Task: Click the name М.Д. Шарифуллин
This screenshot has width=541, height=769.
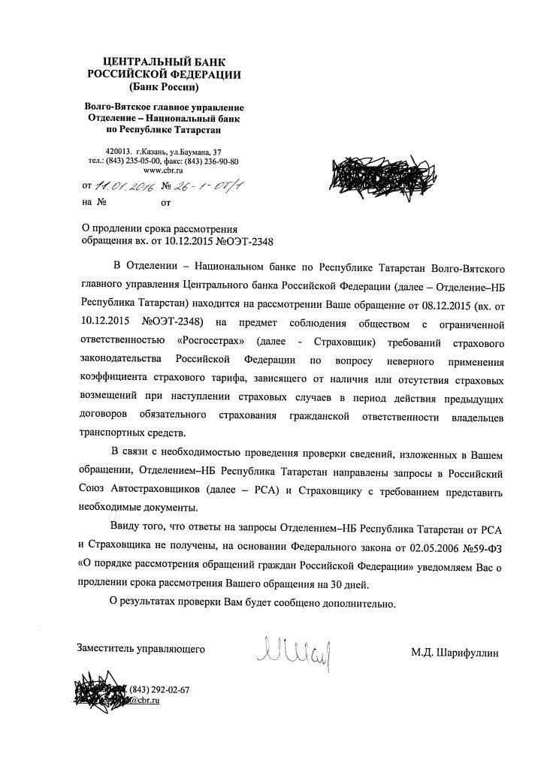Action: [x=454, y=653]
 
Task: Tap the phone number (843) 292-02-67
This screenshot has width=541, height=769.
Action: [x=159, y=689]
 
